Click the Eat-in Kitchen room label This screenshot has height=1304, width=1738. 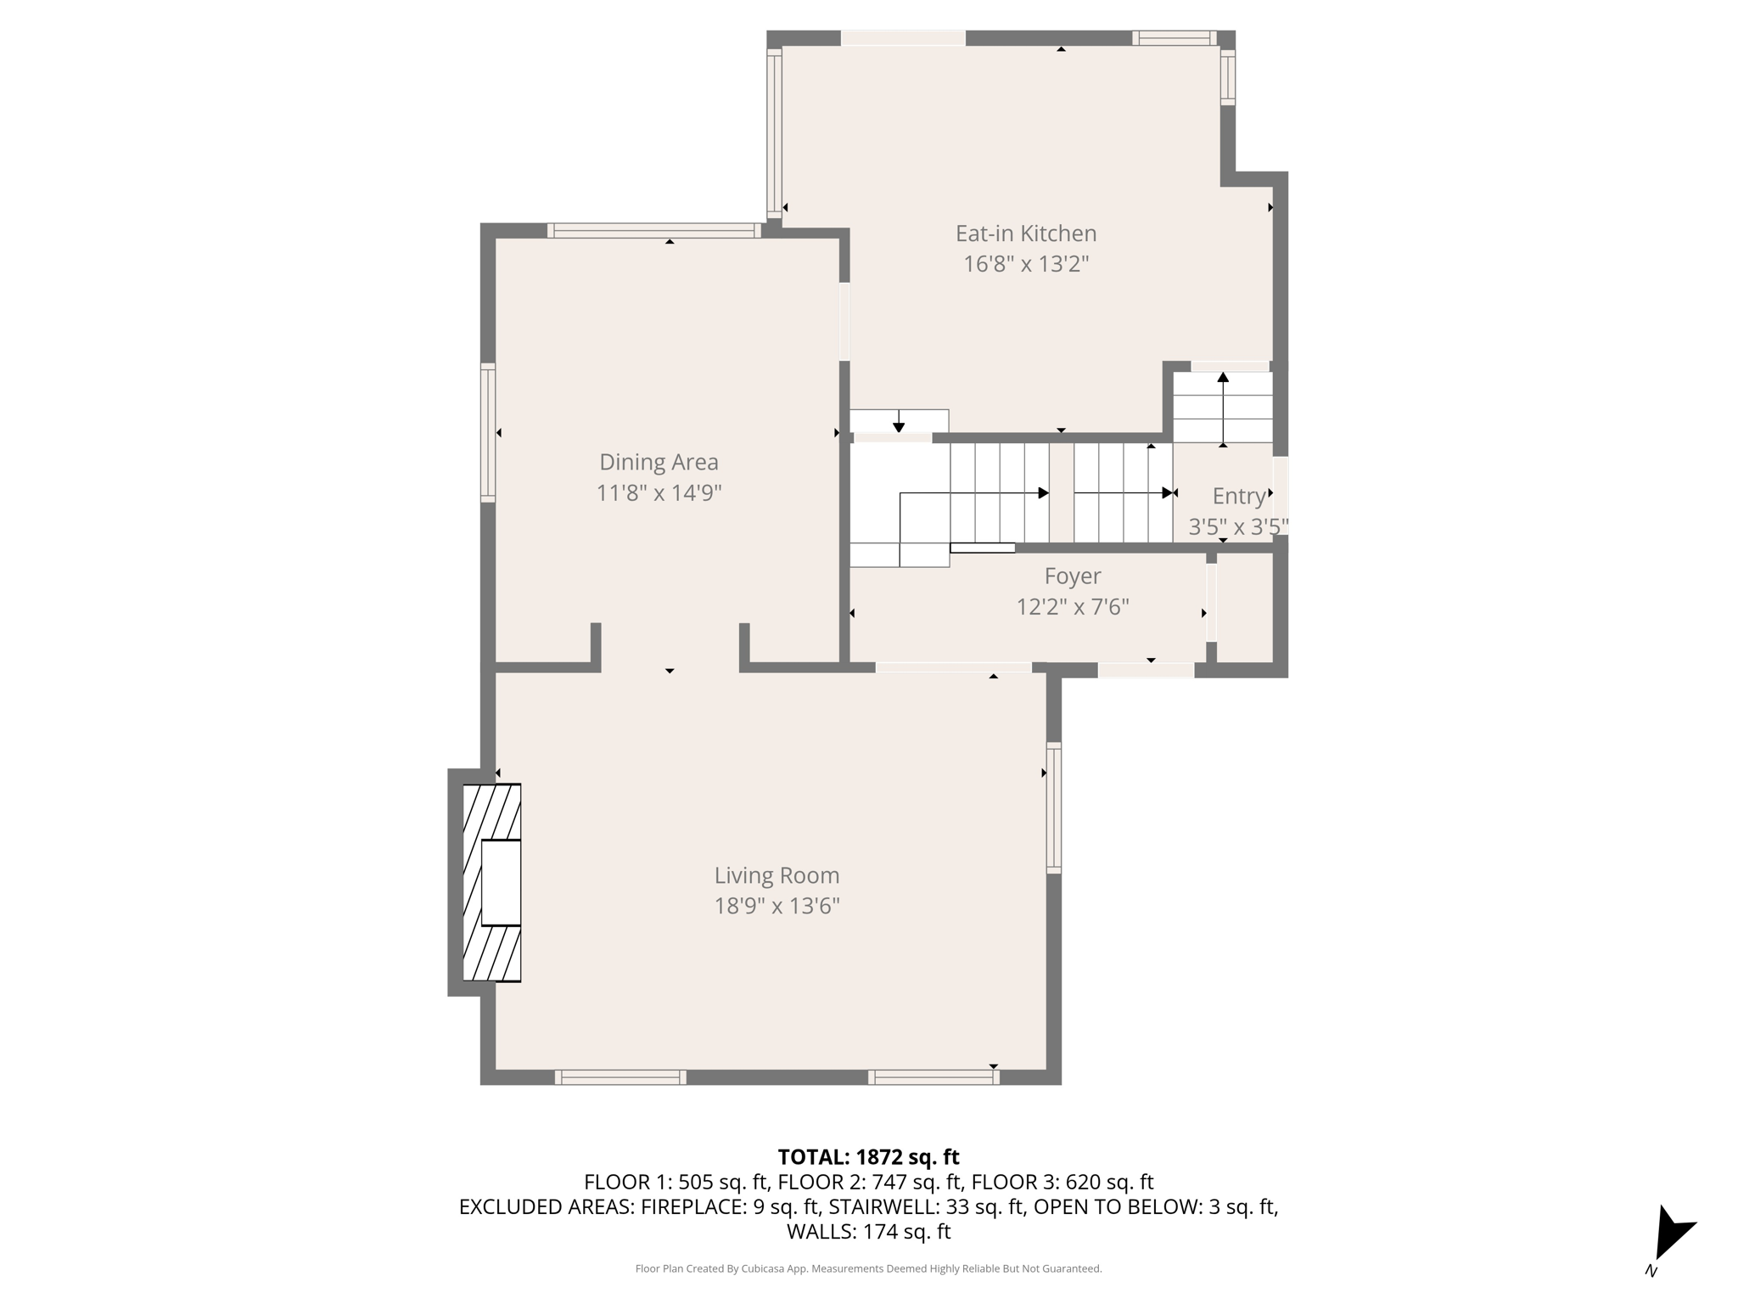(x=1025, y=233)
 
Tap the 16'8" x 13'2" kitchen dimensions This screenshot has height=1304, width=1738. (x=1025, y=264)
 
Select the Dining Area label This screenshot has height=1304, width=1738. (x=659, y=462)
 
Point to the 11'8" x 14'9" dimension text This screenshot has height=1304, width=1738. (x=659, y=492)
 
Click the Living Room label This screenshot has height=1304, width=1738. (x=776, y=875)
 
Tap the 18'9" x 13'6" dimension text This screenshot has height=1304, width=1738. (x=776, y=906)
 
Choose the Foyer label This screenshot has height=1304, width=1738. (x=1073, y=576)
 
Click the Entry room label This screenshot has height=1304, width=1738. (x=1238, y=497)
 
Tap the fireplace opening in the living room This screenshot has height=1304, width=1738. (x=501, y=882)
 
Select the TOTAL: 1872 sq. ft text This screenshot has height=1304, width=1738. (x=868, y=1157)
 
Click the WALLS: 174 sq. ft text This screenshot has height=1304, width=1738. (x=868, y=1232)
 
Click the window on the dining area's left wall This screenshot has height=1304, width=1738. (x=488, y=432)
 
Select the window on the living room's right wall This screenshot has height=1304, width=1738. (x=1053, y=807)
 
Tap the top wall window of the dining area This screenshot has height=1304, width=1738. (x=653, y=230)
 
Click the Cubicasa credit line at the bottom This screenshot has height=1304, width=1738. (x=868, y=1269)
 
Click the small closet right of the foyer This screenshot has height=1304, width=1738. (x=1245, y=607)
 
